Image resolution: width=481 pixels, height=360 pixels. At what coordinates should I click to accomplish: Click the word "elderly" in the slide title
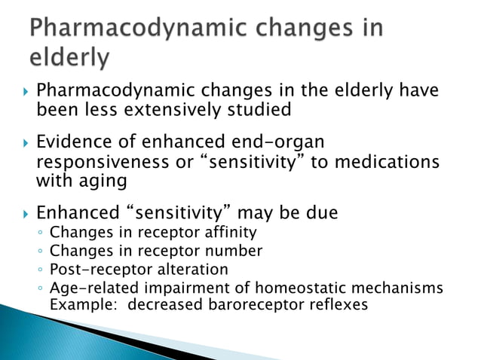pos(69,57)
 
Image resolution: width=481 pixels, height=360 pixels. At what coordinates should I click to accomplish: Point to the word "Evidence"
pos(73,142)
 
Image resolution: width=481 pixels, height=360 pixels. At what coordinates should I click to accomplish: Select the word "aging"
pos(104,181)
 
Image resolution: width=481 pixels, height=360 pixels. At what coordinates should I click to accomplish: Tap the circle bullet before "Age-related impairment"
pos(39,288)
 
